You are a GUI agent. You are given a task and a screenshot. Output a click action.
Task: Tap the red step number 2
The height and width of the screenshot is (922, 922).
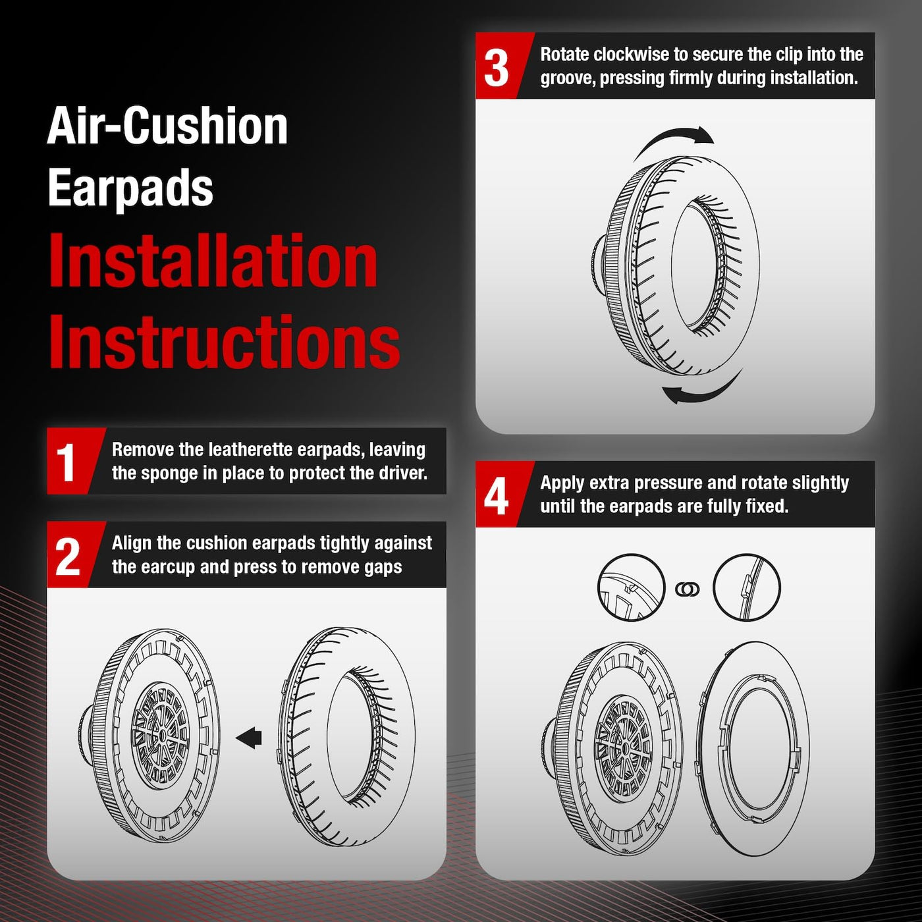[x=67, y=555]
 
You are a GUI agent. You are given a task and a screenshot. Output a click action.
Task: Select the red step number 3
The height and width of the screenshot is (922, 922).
[x=496, y=68]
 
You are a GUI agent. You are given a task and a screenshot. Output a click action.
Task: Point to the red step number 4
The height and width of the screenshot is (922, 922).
[x=496, y=497]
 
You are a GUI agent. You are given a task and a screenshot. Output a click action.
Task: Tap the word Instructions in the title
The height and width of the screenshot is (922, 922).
[x=224, y=342]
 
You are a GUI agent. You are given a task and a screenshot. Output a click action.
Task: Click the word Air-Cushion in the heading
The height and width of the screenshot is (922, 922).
[x=167, y=125]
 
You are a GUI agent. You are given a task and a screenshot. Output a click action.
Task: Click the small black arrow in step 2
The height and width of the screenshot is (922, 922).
[x=249, y=738]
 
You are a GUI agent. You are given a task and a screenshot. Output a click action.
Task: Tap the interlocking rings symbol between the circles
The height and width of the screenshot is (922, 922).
[x=688, y=589]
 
